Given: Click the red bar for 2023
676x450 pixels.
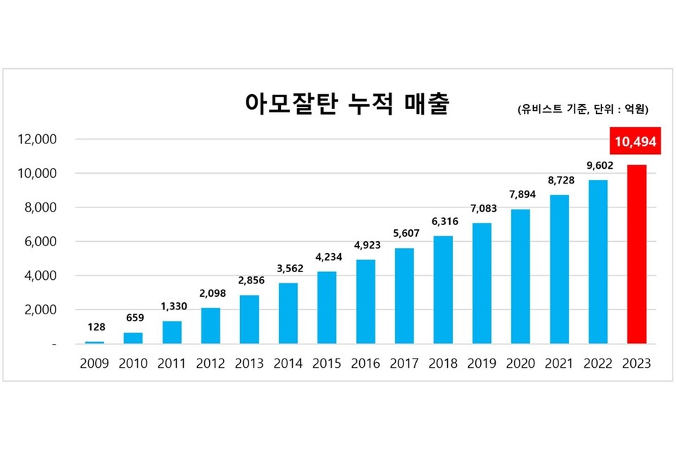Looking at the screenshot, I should [x=636, y=255].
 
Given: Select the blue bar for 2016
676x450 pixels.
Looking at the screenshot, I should [x=365, y=302].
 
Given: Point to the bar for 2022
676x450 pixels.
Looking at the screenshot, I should [x=597, y=262].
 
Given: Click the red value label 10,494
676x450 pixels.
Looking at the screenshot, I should [x=635, y=142].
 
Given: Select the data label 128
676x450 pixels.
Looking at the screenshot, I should [x=94, y=328].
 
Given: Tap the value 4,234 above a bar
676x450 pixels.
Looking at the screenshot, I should [x=327, y=257].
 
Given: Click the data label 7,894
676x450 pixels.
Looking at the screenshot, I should [x=520, y=194].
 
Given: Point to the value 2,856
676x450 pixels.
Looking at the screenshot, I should [x=249, y=281].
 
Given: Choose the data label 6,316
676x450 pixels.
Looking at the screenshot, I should [x=442, y=221].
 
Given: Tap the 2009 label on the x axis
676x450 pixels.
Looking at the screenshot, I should [x=94, y=364].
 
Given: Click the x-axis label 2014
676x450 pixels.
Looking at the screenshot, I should [x=288, y=364].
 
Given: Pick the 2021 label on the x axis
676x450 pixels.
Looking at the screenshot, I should [x=558, y=364].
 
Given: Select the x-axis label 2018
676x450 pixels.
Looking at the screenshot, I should [x=442, y=364].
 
